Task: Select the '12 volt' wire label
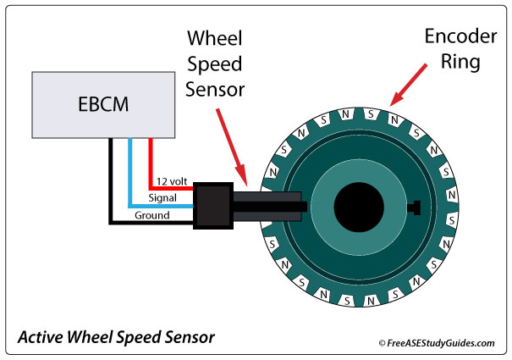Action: point(173,182)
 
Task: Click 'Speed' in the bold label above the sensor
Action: point(215,64)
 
